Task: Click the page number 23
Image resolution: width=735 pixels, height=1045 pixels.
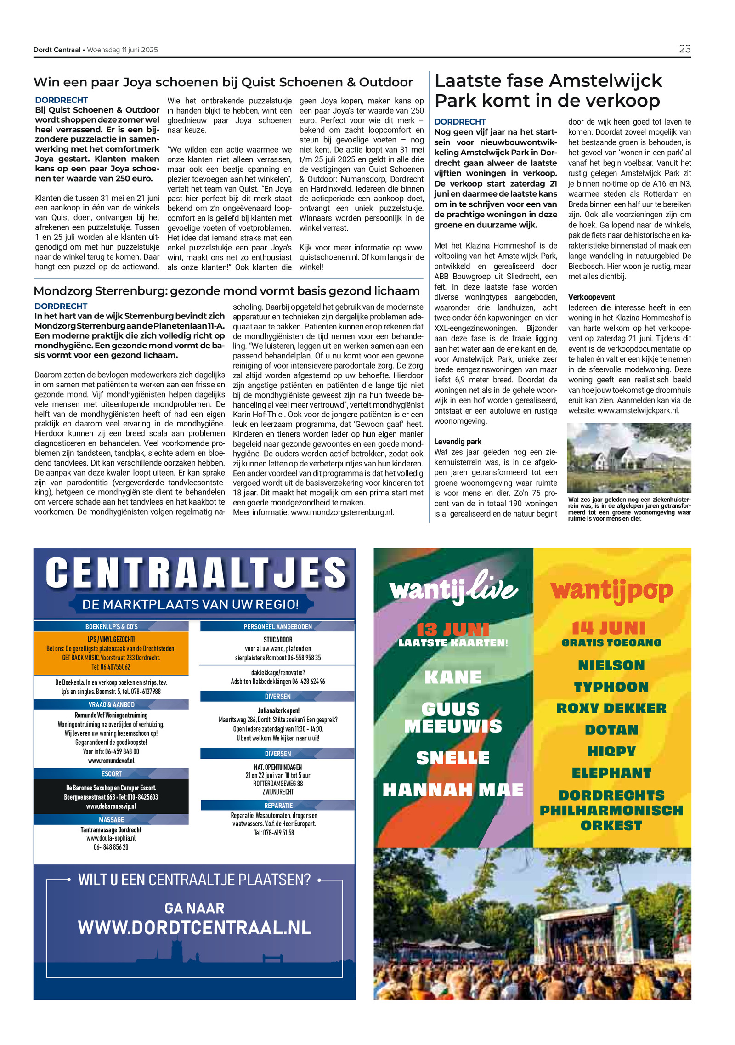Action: click(x=684, y=49)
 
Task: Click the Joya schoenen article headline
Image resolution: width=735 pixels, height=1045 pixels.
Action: click(x=223, y=82)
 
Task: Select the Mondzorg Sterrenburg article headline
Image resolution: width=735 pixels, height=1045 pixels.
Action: click(x=226, y=291)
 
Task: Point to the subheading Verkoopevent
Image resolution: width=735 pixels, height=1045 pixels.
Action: click(x=591, y=297)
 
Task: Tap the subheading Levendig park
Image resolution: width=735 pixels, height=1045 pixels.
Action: click(x=458, y=442)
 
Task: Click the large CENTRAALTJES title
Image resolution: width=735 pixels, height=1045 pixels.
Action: click(x=196, y=573)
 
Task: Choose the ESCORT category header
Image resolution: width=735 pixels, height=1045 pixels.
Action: click(x=111, y=774)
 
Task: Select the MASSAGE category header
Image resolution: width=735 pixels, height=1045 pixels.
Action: click(x=111, y=819)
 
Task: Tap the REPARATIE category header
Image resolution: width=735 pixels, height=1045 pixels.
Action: click(x=278, y=806)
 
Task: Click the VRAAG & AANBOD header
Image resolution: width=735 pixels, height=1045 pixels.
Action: click(x=111, y=704)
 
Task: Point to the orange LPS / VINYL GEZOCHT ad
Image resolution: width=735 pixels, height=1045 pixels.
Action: click(x=111, y=653)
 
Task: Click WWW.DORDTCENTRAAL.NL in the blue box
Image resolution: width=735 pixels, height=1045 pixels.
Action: click(x=194, y=928)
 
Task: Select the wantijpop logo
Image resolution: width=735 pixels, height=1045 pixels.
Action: click(x=611, y=591)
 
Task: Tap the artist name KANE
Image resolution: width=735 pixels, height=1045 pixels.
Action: click(x=453, y=677)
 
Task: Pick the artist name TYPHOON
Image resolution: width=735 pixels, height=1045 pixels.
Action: click(x=611, y=687)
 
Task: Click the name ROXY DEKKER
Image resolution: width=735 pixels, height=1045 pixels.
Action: click(x=611, y=708)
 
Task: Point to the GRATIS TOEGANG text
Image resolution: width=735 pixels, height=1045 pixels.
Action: click(x=611, y=643)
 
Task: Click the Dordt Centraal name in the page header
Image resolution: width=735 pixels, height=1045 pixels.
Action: click(x=57, y=50)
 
